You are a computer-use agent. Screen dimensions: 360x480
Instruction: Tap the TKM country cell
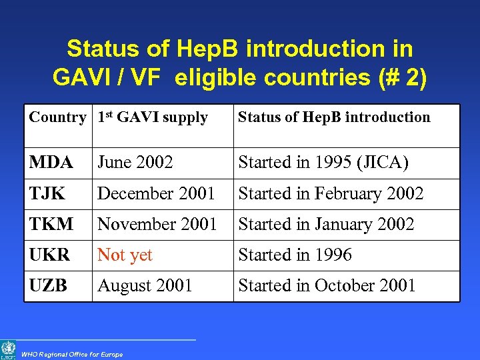point(51,225)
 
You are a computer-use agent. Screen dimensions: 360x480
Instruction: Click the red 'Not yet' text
point(125,255)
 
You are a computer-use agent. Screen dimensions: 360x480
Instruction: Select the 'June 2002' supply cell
point(135,163)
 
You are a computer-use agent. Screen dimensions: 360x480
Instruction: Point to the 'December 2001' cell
point(156,194)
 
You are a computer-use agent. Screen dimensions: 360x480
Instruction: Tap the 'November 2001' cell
point(157,225)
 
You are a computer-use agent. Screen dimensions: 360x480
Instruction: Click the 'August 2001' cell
point(145,286)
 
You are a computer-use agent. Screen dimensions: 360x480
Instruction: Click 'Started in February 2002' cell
point(331,194)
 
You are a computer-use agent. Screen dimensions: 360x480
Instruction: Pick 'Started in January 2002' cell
point(326,225)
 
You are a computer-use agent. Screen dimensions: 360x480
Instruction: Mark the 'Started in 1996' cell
point(295,255)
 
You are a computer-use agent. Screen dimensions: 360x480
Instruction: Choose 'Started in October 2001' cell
point(327,286)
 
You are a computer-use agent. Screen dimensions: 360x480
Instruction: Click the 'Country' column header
point(57,118)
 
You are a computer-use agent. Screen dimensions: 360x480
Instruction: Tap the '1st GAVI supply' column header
point(153,118)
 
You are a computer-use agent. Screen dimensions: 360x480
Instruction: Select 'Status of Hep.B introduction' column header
point(334,118)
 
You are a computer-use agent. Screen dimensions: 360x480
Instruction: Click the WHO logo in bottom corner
point(8,350)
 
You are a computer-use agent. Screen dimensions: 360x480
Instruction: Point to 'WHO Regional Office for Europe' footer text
point(72,355)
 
